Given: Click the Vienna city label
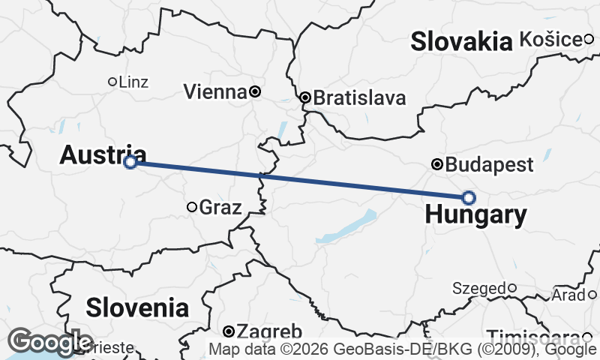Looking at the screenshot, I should pyautogui.click(x=215, y=92).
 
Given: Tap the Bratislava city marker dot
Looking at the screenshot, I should pyautogui.click(x=305, y=97).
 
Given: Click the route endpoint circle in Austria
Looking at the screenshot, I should pyautogui.click(x=130, y=161).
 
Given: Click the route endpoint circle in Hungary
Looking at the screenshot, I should pyautogui.click(x=469, y=197).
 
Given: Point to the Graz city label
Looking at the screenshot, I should pyautogui.click(x=221, y=208).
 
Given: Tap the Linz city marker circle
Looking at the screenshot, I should pyautogui.click(x=112, y=81).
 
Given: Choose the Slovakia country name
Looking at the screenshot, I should pyautogui.click(x=460, y=42).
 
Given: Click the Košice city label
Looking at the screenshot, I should pyautogui.click(x=550, y=39).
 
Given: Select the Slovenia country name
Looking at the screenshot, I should pyautogui.click(x=136, y=307).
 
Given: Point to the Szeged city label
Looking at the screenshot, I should pyautogui.click(x=478, y=288).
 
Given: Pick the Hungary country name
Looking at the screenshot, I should pyautogui.click(x=475, y=215).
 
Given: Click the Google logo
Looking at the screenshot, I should pyautogui.click(x=50, y=342).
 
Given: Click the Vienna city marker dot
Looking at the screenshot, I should pyautogui.click(x=255, y=91).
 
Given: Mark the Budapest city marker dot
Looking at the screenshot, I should pyautogui.click(x=437, y=164).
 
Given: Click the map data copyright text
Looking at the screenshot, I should pyautogui.click(x=402, y=349).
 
